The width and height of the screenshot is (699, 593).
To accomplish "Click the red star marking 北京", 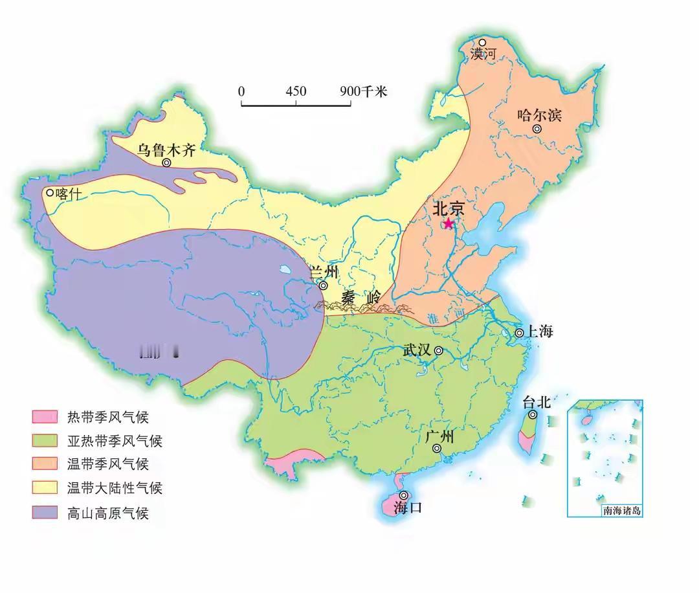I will click(449, 223).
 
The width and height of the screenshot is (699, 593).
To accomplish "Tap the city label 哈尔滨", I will click(539, 115).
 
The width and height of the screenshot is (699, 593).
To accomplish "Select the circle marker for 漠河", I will click(482, 43).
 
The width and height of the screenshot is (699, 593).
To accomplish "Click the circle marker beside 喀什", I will click(49, 192).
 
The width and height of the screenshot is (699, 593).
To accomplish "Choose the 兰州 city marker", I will click(323, 285).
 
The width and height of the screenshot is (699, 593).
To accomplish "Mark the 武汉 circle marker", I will click(438, 351).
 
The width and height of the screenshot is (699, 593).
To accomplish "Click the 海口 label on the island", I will click(408, 508).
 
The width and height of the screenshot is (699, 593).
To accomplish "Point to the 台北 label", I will click(536, 402).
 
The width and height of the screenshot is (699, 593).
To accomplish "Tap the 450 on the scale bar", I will click(296, 91).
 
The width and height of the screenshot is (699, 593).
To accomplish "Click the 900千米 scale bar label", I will click(363, 91).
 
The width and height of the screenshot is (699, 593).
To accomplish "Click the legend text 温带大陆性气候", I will click(115, 488).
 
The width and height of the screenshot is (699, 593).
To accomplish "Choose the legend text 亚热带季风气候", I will click(115, 441).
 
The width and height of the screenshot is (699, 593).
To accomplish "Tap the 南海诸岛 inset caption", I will click(622, 510).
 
